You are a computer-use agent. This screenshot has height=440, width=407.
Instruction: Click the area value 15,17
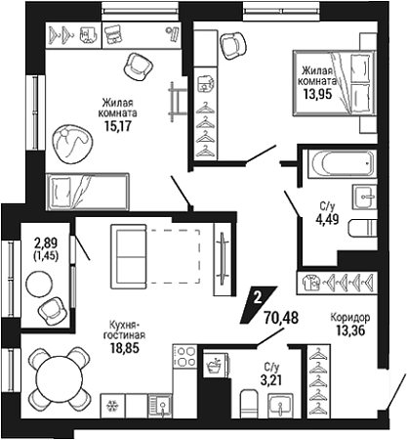coord(117,125)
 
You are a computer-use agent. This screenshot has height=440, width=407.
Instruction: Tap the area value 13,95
coord(317,94)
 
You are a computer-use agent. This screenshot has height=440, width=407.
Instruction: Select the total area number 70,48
coord(281,318)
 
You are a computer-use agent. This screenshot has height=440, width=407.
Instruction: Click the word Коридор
coord(350,317)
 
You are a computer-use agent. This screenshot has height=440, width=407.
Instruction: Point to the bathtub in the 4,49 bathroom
coord(343,164)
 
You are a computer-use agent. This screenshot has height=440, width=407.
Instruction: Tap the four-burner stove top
coord(184,356)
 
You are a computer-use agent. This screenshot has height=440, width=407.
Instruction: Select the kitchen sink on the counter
coord(160,406)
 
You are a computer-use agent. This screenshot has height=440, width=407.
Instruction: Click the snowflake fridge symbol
coord(112,406)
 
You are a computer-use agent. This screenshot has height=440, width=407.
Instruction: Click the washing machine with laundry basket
coord(216,364)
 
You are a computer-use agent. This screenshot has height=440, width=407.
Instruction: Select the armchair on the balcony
coord(51,310)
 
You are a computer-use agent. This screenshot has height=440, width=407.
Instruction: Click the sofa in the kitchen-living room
coord(128,256)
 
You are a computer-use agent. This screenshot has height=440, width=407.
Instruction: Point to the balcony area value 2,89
coord(46,243)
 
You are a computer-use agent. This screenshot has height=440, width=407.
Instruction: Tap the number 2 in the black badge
coord(258,298)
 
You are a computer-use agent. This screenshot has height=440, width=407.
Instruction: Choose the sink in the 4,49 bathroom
coord(364,197)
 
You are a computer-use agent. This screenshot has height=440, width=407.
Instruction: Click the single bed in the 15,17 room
coord(87,192)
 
